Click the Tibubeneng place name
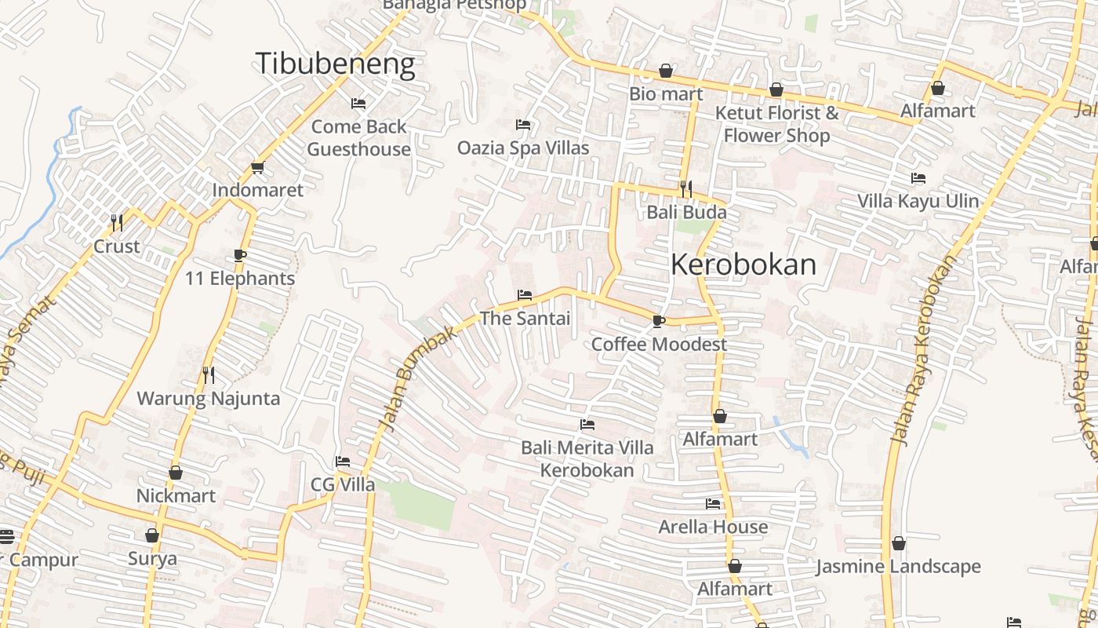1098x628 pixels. [x=335, y=64]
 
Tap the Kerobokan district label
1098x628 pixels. [x=743, y=265]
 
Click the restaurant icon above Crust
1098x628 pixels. [x=117, y=223]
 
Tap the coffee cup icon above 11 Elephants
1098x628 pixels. [x=239, y=255]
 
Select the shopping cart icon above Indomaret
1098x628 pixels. [x=257, y=167]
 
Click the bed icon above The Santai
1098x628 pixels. [x=525, y=295]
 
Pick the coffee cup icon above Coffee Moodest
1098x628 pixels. [x=659, y=321]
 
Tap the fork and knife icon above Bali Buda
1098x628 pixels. [x=686, y=188]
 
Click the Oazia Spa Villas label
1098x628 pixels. [x=523, y=148]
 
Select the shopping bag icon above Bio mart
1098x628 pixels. [x=666, y=71]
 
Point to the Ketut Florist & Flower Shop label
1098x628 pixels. [x=776, y=124]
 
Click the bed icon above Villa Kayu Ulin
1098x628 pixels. [x=918, y=178]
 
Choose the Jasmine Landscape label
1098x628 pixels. [x=898, y=566]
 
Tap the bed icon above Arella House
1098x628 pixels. [x=713, y=503]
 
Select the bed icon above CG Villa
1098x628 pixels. [x=343, y=462]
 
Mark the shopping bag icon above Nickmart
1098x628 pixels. [x=176, y=473]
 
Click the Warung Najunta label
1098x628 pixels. [x=209, y=398]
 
